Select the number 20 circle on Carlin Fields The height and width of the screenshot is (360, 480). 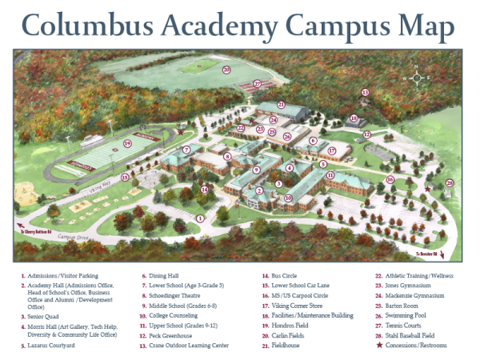[226, 70]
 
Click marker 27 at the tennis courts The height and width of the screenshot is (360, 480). [258, 82]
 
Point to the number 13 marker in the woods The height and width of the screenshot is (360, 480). [365, 93]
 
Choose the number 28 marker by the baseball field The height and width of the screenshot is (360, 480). [449, 182]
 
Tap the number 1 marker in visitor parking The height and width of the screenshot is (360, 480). [200, 217]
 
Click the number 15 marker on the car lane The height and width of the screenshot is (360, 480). [124, 177]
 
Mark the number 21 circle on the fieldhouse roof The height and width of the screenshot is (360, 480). [281, 104]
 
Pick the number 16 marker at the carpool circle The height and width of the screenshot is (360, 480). [390, 179]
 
